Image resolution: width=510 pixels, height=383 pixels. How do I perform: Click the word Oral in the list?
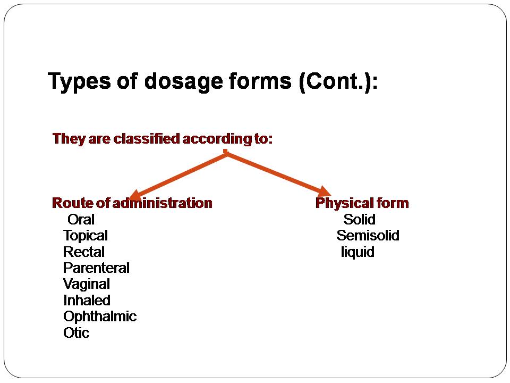coord(81,219)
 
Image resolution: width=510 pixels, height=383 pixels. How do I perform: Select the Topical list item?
coord(85,236)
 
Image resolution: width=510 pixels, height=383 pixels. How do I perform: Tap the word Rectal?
coord(83,252)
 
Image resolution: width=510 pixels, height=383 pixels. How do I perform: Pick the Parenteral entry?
coord(96,268)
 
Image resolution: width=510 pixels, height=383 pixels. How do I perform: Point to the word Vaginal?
coord(86,284)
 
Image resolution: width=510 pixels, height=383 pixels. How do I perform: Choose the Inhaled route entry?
coord(87,301)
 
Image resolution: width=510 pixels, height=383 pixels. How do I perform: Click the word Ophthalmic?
coord(100,317)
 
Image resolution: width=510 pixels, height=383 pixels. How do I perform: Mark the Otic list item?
coord(76,333)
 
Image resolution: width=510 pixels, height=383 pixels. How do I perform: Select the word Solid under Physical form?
coord(359,219)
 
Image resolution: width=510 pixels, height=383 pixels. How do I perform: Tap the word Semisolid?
coord(368,236)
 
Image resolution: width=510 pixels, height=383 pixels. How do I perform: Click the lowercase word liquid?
coord(358,252)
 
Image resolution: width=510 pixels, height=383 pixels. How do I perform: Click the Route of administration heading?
coord(132,203)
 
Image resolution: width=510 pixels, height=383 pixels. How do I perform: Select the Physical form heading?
coord(362,203)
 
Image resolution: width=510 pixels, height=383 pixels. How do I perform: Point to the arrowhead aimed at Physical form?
coord(325,191)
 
